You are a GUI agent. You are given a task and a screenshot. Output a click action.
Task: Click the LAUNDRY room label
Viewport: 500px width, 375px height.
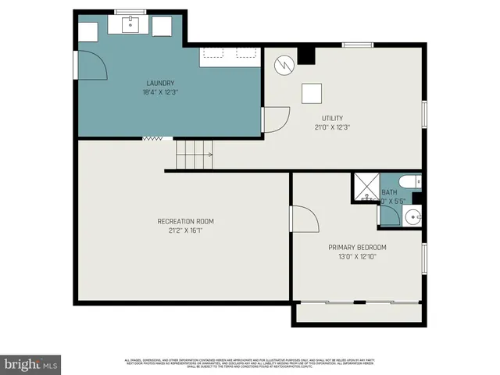[159, 83]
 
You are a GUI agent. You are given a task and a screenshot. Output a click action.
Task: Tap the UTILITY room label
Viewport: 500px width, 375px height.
[332, 118]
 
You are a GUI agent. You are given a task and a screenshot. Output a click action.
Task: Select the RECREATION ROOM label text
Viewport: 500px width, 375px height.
[185, 221]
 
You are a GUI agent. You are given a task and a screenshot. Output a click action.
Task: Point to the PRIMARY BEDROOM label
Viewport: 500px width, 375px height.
[357, 247]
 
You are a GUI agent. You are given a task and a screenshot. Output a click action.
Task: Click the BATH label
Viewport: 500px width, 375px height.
[389, 192]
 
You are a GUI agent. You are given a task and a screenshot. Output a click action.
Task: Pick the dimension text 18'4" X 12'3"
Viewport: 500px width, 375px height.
[159, 92]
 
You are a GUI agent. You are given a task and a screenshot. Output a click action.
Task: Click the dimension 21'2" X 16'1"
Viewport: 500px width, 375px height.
[185, 230]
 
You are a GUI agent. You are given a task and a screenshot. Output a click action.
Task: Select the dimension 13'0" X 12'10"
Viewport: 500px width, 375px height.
[357, 256]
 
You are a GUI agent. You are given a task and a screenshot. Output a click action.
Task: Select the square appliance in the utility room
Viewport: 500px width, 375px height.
[312, 93]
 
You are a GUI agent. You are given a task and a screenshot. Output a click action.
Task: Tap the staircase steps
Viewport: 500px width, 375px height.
[193, 154]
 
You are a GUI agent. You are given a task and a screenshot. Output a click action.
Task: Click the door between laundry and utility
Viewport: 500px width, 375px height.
[274, 120]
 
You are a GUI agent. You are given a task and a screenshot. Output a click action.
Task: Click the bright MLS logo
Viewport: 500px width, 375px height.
[30, 363]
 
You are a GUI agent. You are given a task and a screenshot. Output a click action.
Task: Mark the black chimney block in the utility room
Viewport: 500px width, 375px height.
[306, 56]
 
